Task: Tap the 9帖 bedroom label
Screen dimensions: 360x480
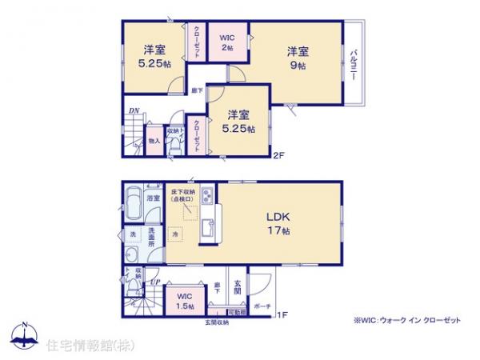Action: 298,58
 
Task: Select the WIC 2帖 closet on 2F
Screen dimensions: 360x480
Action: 227,42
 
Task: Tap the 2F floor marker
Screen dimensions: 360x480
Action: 278,155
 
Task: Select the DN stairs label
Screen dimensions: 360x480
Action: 129,112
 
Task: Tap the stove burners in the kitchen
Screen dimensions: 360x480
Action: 206,197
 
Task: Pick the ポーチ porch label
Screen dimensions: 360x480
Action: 262,306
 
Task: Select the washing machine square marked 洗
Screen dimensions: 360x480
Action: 132,234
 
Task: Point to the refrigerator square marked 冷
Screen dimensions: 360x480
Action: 175,234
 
